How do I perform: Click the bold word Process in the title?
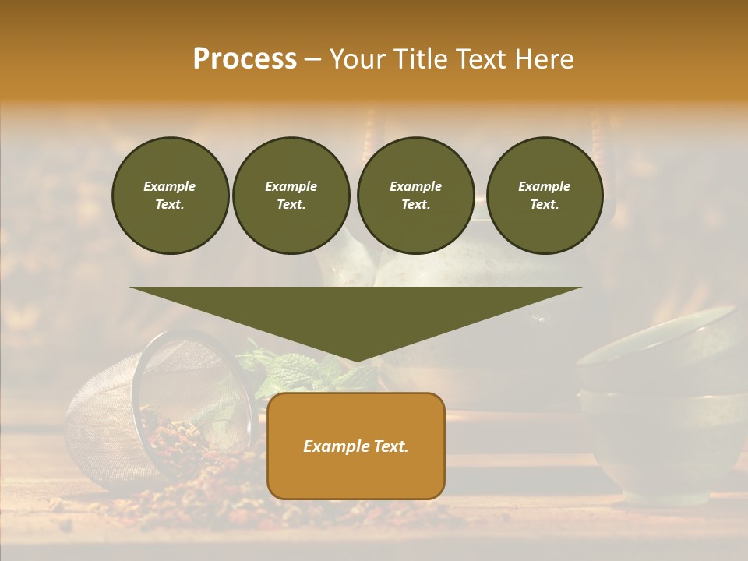[245, 59]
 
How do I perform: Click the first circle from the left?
[171, 196]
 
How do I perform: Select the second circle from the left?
[291, 196]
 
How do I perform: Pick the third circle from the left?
[415, 196]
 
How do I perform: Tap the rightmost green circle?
[545, 196]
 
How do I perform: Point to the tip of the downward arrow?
[356, 361]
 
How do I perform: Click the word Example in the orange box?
[331, 446]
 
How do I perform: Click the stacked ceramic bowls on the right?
[662, 405]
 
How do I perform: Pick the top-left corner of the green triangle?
[131, 288]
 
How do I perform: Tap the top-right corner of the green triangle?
[580, 288]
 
